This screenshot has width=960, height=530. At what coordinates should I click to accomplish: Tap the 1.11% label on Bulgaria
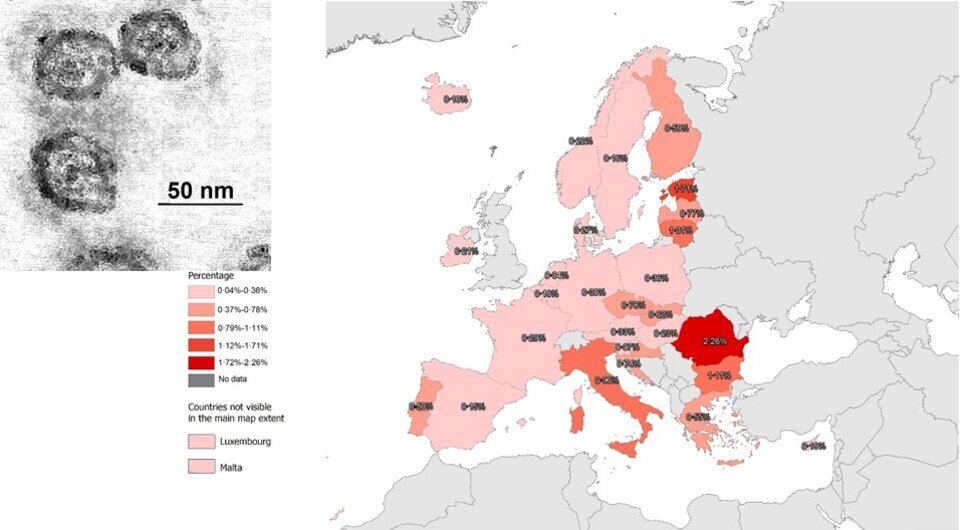click(719, 376)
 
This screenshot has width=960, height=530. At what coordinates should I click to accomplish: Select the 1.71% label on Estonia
click(685, 189)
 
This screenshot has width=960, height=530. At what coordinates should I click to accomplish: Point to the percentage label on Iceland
click(456, 99)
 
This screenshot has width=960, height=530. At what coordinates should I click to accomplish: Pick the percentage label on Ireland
click(465, 251)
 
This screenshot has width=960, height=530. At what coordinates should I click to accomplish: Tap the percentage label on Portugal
click(421, 406)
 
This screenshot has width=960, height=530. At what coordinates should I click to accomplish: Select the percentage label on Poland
click(656, 279)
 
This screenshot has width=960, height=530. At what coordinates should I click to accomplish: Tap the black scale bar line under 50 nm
click(200, 205)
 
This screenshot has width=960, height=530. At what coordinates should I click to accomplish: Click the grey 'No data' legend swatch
click(201, 380)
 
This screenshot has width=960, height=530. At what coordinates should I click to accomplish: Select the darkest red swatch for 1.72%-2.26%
click(201, 362)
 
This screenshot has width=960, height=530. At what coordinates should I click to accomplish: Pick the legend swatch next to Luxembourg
click(201, 441)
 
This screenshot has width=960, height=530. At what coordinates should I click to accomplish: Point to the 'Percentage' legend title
click(211, 274)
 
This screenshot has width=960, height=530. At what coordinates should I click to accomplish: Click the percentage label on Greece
click(698, 417)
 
